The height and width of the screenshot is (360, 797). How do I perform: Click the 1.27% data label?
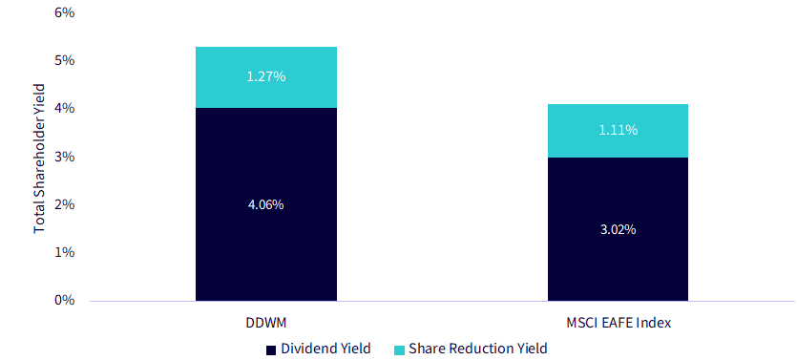coord(266,76)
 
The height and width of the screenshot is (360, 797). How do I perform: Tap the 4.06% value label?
coord(266,205)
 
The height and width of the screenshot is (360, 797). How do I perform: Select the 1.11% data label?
coord(618,130)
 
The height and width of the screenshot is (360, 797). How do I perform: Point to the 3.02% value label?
coord(618,229)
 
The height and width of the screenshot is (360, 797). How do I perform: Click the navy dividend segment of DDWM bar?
coord(266,204)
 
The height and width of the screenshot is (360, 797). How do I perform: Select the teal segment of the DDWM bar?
coord(266,77)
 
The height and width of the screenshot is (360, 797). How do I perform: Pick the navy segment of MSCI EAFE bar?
coord(618,229)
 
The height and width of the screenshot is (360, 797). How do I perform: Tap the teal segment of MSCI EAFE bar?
coord(618,131)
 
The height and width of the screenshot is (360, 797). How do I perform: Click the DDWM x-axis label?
coord(266,323)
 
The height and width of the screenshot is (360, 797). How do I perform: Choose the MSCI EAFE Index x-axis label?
coord(618,323)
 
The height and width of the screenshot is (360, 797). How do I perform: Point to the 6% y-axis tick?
coord(64,12)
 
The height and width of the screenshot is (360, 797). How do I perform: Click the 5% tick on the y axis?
coord(64,60)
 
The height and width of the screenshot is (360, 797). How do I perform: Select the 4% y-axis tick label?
coord(64,108)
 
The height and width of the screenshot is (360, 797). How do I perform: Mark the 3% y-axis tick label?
coord(64,157)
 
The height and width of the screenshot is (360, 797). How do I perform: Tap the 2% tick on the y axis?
coord(64,204)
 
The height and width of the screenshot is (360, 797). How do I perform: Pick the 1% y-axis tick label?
coord(64,252)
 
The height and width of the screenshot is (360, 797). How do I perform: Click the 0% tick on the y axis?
coord(64,300)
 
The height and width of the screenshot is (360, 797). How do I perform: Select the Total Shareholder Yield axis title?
coord(40,159)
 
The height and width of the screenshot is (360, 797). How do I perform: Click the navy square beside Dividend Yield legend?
coord(271,349)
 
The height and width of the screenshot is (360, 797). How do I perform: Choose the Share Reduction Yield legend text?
coord(478,349)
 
